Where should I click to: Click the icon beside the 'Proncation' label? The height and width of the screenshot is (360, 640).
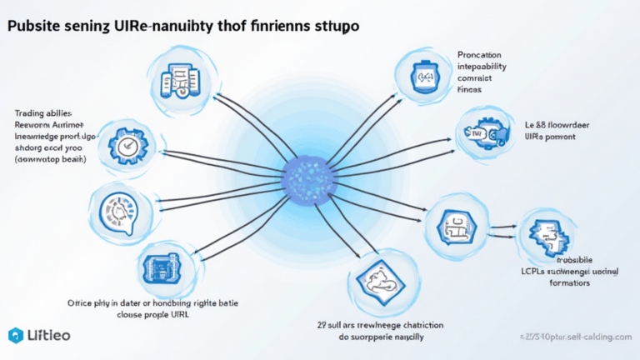[420, 76]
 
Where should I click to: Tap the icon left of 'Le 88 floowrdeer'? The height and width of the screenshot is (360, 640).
[481, 132]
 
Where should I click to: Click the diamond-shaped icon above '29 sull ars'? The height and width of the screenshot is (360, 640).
[372, 280]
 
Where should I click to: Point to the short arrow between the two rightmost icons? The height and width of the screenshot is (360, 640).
[499, 227]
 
